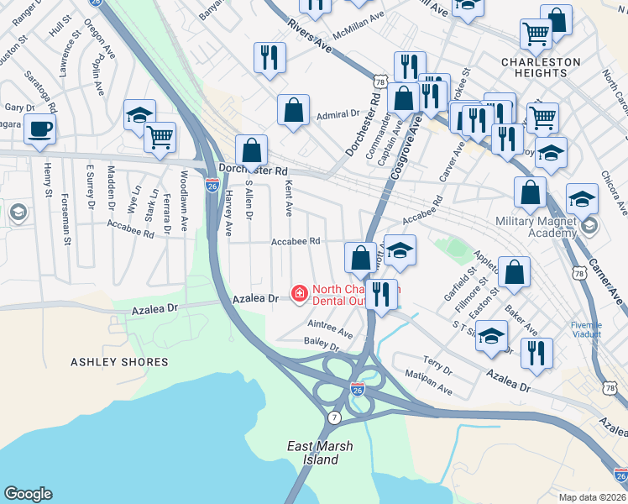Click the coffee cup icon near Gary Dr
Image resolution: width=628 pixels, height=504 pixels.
click(x=39, y=129)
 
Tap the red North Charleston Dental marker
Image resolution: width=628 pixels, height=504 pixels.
click(x=298, y=293)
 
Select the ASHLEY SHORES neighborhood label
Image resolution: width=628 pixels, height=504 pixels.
click(x=119, y=362)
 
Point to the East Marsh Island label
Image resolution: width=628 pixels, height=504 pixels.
click(x=320, y=453)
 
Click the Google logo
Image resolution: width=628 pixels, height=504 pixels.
click(x=28, y=494)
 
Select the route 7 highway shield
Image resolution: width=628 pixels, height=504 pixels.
click(x=335, y=417)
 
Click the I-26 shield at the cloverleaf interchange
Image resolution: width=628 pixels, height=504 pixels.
click(x=357, y=388)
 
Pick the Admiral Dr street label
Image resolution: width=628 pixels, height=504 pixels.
click(x=338, y=113)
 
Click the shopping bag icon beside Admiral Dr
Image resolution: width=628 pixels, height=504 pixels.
click(x=293, y=110)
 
